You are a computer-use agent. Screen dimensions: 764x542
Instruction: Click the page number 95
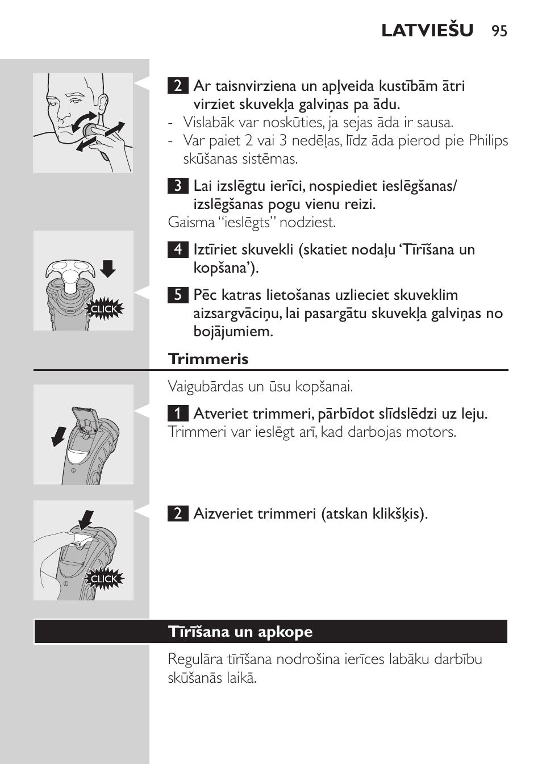coord(499,31)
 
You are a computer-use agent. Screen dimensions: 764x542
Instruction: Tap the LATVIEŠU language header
coord(427,31)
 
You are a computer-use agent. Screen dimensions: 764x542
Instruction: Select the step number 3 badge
coord(178,186)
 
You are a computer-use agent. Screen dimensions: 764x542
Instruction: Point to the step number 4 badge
coord(178,249)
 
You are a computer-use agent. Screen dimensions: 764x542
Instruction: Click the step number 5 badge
coord(178,295)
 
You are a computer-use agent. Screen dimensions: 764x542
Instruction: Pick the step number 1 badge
coord(178,414)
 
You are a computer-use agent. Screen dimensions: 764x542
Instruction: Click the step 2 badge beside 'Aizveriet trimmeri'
coord(178,513)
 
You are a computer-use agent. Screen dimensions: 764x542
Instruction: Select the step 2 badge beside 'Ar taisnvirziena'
coord(178,86)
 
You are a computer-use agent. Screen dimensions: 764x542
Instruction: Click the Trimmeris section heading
coord(209,359)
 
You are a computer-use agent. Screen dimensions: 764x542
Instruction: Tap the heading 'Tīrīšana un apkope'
coord(240,632)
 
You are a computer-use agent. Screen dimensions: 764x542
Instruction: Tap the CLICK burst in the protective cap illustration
coord(104,309)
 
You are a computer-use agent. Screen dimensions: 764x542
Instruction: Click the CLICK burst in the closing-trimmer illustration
coord(104,579)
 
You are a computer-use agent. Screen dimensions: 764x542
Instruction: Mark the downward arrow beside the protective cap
coord(108,268)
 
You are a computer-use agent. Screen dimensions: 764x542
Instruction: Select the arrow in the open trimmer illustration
coord(59,436)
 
